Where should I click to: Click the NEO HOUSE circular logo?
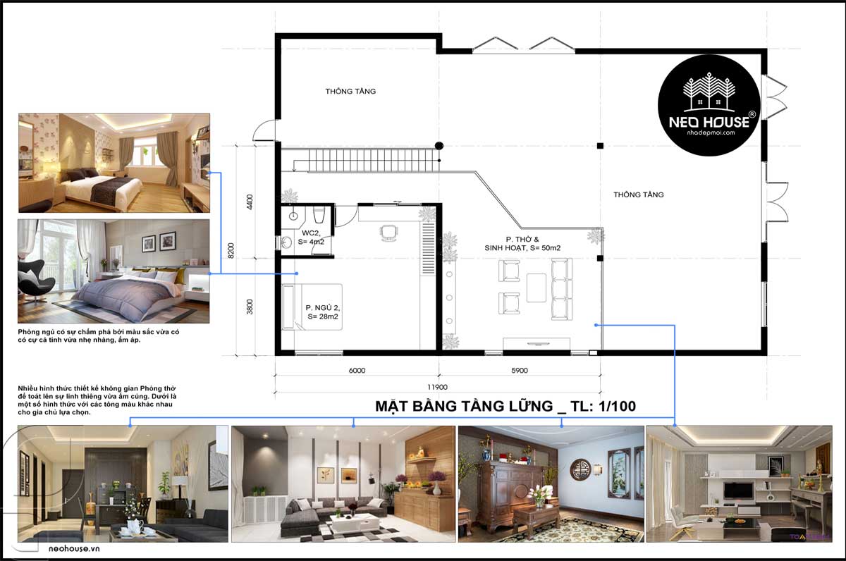709,105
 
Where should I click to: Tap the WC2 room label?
311,238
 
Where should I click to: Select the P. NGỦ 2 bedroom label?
323,312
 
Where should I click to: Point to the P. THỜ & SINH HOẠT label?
522,244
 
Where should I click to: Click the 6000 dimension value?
357,370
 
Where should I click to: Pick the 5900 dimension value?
520,370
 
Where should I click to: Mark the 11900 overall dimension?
437,387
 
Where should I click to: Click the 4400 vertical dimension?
250,202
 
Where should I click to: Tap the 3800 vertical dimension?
250,307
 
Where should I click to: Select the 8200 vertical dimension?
231,251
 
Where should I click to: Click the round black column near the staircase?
439,146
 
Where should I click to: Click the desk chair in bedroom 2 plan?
388,233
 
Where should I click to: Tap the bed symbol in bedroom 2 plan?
312,307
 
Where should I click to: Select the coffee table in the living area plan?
537,288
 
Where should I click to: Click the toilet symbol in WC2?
319,215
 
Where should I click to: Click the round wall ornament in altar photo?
580,469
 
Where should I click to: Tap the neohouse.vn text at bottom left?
74,548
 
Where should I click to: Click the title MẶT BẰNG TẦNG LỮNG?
464,406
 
